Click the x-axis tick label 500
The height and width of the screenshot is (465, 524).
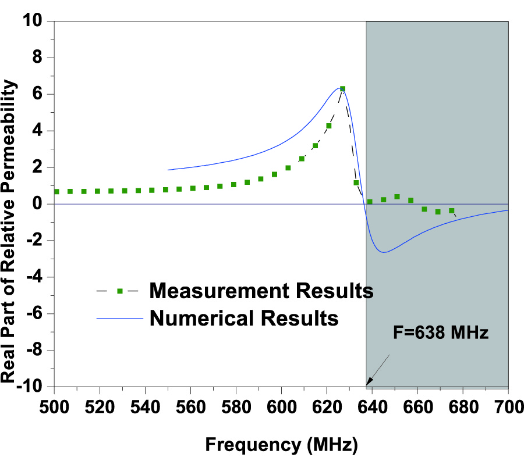tap(54, 403)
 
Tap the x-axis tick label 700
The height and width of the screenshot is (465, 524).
tap(508, 403)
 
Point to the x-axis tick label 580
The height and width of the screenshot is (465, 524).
tap(236, 403)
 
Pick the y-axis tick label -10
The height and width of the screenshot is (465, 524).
tap(30, 387)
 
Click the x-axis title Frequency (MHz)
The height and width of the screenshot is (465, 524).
tap(281, 446)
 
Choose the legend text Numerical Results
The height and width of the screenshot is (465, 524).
tap(244, 318)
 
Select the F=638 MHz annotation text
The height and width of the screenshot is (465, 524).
tap(440, 334)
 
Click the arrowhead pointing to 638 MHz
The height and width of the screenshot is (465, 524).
tap(369, 383)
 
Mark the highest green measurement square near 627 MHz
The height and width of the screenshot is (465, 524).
tap(342, 89)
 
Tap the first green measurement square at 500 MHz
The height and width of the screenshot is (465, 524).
tap(56, 191)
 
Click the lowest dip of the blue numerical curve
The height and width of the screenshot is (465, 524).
tap(383, 252)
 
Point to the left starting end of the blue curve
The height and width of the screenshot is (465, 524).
tap(168, 170)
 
